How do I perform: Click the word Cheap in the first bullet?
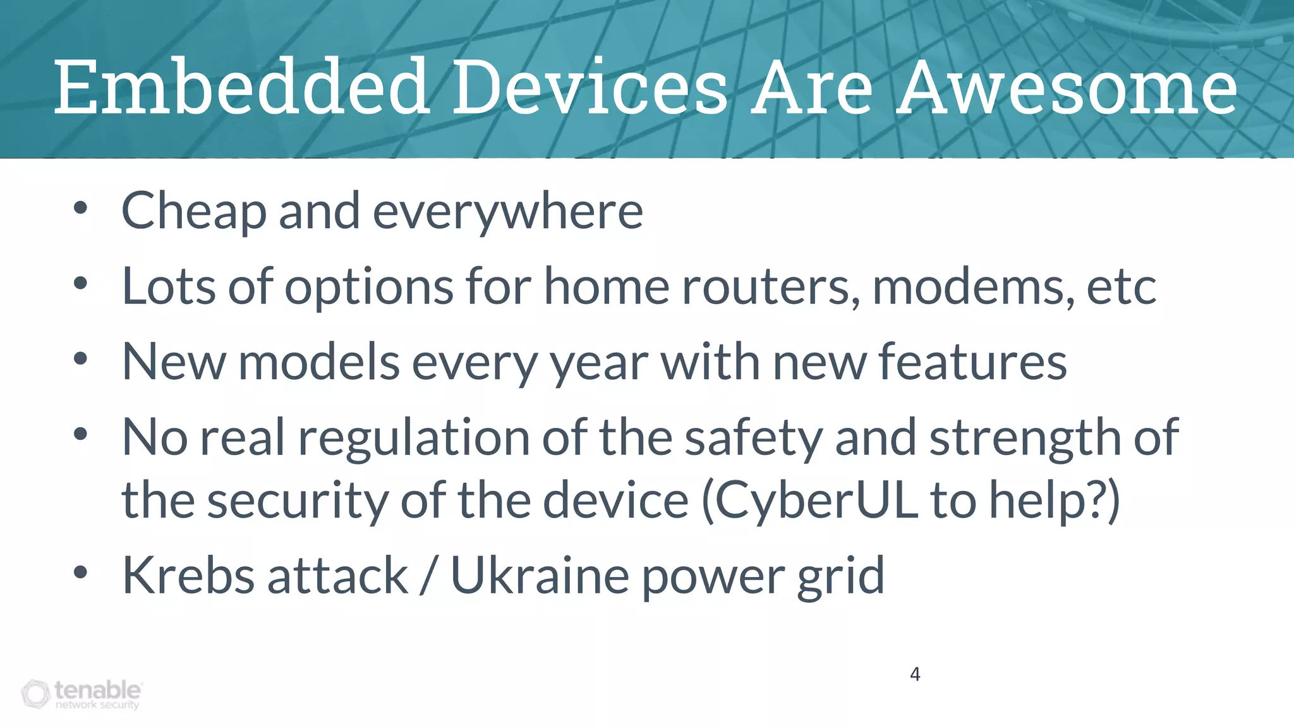193,211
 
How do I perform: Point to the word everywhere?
508,211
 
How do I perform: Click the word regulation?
413,438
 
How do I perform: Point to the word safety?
753,438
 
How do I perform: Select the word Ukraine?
539,576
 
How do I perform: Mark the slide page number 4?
915,674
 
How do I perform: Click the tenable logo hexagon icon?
35,694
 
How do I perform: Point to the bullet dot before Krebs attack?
80,572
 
